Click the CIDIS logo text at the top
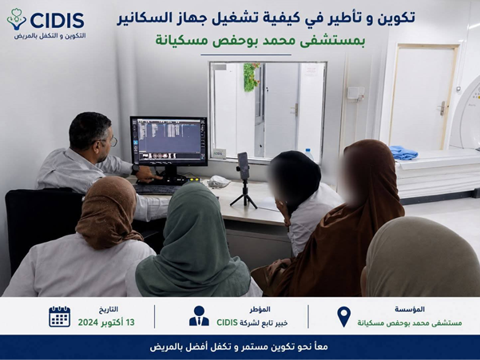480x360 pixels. pos(58,21)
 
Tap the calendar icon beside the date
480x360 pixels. pos(60,316)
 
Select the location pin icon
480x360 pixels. pos(343,317)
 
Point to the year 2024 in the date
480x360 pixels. pos(88,322)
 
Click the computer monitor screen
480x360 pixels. pos(169,140)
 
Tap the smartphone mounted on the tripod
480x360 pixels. pos(244,165)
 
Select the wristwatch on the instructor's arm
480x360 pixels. pos(135,169)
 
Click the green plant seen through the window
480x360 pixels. pos(251,77)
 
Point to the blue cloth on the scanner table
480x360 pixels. pos(403,152)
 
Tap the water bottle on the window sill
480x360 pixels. pos(308,154)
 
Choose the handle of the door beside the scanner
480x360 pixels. pos(442,108)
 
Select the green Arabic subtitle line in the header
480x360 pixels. pos(260,41)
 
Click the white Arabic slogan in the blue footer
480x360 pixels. pos(239,347)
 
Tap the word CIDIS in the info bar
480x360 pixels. pos(227,322)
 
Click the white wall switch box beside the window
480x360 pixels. pos(355,93)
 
